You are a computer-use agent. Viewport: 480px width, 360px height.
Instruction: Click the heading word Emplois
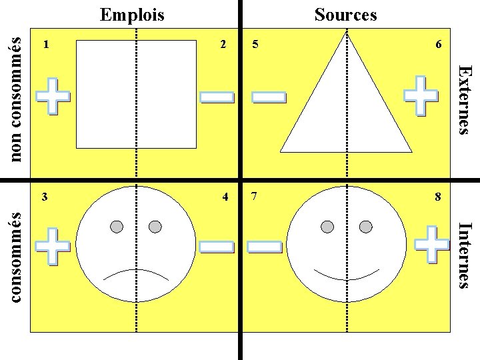[132, 14]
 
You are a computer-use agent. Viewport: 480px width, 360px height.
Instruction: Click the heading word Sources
[345, 14]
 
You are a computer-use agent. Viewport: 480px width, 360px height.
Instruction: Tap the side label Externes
[467, 99]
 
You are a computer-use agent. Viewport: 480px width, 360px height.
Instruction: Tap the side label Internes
[467, 255]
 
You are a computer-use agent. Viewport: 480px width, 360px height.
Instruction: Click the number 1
[45, 45]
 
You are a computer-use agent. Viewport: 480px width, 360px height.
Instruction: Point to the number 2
[223, 45]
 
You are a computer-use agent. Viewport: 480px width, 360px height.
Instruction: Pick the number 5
[255, 45]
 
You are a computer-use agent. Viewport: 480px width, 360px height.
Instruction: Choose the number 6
[438, 45]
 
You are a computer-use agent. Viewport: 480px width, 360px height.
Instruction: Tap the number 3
[45, 197]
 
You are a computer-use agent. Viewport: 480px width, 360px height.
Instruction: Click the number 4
[225, 197]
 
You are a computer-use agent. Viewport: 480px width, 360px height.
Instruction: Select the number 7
[255, 197]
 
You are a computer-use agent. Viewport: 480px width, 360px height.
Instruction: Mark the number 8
[438, 197]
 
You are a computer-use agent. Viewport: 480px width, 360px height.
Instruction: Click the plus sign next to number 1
[53, 97]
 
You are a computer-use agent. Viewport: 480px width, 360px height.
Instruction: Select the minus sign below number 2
[217, 98]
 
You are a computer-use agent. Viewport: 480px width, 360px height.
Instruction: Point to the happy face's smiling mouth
[347, 273]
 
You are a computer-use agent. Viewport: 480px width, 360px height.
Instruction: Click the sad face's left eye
[117, 227]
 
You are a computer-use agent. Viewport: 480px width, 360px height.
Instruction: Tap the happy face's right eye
[365, 227]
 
